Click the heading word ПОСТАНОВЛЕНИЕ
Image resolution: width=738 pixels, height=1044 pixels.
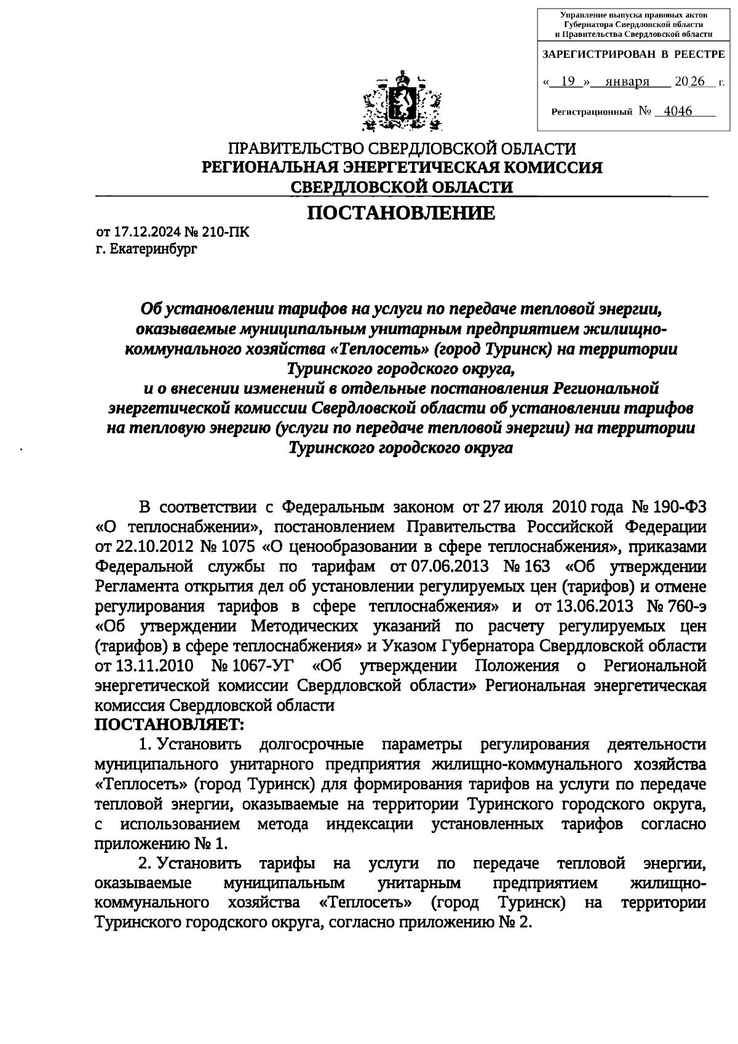pyautogui.click(x=401, y=213)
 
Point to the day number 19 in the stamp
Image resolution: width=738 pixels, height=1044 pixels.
pyautogui.click(x=571, y=82)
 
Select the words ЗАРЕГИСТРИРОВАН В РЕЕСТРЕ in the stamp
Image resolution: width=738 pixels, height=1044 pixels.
pyautogui.click(x=633, y=55)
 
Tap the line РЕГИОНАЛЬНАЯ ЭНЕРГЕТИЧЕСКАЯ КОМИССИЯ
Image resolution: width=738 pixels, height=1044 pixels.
pyautogui.click(x=403, y=167)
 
